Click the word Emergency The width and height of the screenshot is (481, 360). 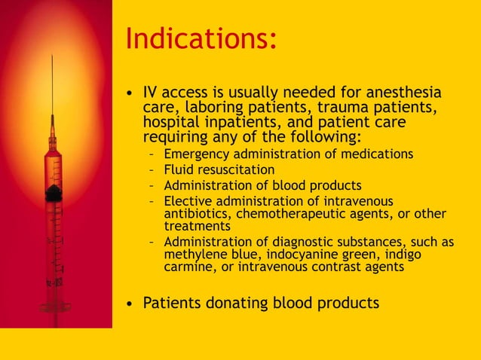(198, 154)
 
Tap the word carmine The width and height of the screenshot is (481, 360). (187, 267)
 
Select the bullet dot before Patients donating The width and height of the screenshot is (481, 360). (131, 304)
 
